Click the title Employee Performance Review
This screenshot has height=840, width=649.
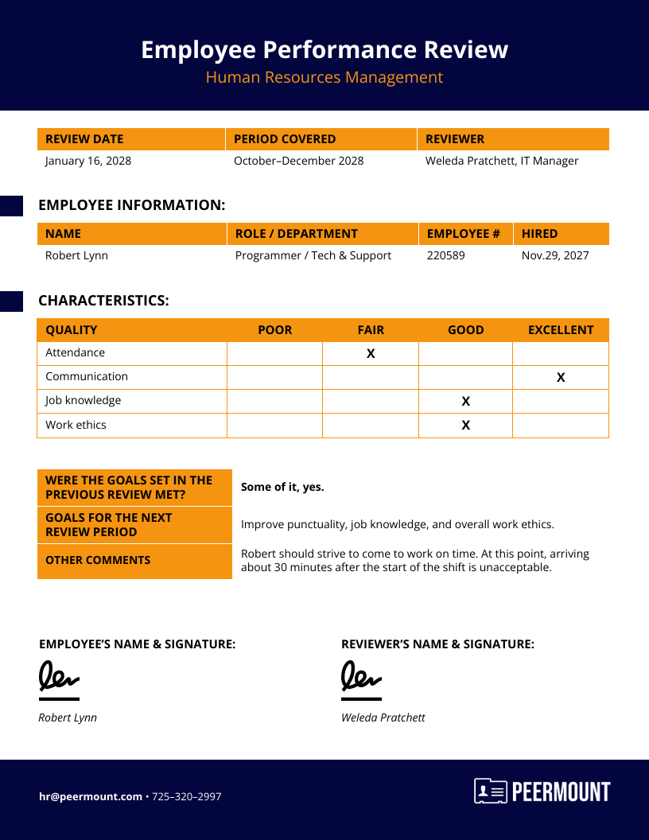pyautogui.click(x=324, y=49)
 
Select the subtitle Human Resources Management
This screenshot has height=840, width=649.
pyautogui.click(x=324, y=77)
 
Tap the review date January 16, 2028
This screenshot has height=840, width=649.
pyautogui.click(x=88, y=161)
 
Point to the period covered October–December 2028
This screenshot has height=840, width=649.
pyautogui.click(x=298, y=161)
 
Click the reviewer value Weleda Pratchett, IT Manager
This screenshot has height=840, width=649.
pyautogui.click(x=502, y=161)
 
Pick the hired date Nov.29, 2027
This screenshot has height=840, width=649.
pyautogui.click(x=555, y=255)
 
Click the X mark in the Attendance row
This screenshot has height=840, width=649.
pyautogui.click(x=371, y=353)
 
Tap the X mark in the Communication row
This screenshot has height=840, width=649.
pyautogui.click(x=561, y=377)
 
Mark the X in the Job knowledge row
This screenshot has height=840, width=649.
pyautogui.click(x=466, y=401)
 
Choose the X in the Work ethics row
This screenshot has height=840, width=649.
pyautogui.click(x=466, y=425)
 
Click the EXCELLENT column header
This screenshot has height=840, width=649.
pyautogui.click(x=561, y=329)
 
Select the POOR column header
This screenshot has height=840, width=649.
pyautogui.click(x=275, y=329)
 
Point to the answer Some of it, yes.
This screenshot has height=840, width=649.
pyautogui.click(x=282, y=487)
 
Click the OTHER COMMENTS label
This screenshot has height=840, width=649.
pyautogui.click(x=98, y=560)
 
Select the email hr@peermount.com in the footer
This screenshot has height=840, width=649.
pyautogui.click(x=91, y=796)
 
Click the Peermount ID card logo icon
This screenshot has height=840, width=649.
pyautogui.click(x=491, y=791)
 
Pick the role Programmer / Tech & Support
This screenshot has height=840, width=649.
pyautogui.click(x=313, y=255)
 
